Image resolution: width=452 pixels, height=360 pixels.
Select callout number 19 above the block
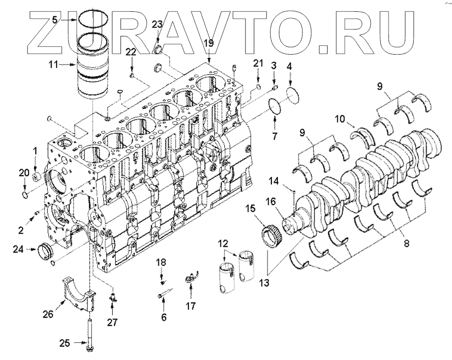209,43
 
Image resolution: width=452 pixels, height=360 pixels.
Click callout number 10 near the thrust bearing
340,119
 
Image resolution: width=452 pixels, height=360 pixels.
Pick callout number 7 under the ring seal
275,134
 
